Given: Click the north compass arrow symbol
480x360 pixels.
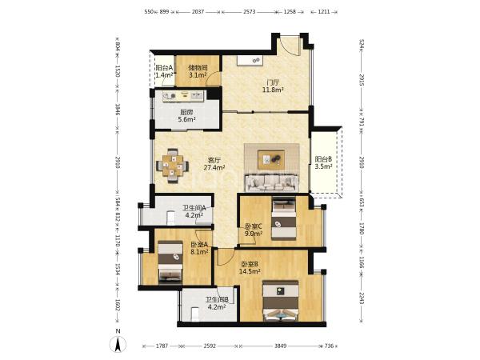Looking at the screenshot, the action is [x=118, y=344].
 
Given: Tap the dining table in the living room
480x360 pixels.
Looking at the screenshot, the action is [x=172, y=166].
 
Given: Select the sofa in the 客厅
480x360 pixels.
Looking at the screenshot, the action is [x=271, y=182].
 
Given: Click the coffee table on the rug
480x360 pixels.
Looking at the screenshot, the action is [x=271, y=159].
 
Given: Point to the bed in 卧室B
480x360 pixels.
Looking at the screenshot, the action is [x=281, y=301].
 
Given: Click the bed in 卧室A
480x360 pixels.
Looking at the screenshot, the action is [x=170, y=262].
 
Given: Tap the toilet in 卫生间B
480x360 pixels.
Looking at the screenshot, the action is [x=195, y=314].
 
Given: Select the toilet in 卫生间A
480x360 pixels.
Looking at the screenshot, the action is [x=171, y=218].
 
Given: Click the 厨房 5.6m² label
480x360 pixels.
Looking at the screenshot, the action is [x=186, y=116].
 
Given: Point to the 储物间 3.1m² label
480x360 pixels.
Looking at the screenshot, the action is [x=198, y=71].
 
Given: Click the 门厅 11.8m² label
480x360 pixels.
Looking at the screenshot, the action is [x=273, y=86].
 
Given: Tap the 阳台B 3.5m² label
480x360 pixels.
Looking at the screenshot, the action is [x=323, y=163].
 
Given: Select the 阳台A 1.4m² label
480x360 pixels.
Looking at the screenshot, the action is [x=164, y=71].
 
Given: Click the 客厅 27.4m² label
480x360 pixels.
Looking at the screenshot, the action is [x=214, y=164].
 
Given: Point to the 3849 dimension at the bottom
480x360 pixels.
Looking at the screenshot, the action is [x=280, y=346].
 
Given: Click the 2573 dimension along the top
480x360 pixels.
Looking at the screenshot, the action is [x=249, y=12].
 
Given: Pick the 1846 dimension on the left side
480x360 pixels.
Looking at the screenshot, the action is [x=118, y=110].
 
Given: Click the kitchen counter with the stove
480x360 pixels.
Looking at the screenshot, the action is [x=183, y=97].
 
